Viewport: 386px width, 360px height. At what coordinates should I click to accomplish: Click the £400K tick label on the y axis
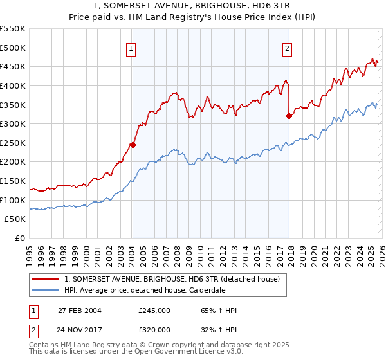tap(13, 85)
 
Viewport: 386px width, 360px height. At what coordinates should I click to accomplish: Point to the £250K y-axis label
tap(13, 143)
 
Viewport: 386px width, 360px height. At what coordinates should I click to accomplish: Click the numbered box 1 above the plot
tap(131, 48)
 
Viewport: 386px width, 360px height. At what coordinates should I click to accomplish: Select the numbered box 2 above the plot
tap(287, 48)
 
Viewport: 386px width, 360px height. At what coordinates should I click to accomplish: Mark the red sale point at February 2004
tap(133, 145)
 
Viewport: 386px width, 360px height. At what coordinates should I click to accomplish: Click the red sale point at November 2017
tap(289, 116)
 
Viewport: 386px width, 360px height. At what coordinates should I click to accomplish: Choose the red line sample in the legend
tap(46, 280)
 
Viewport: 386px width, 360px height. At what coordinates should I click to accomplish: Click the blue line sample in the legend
tap(46, 291)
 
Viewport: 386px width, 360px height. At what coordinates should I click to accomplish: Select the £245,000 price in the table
tap(154, 310)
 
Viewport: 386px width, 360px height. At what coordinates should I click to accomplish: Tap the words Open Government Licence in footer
tap(183, 353)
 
